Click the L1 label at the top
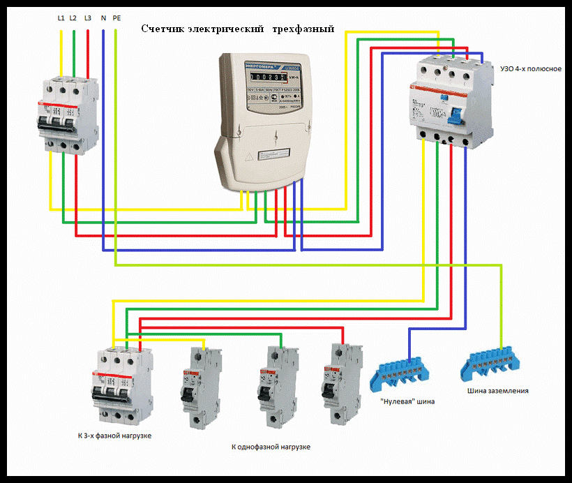[x=61, y=17]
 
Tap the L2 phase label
[x=73, y=17]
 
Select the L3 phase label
[x=87, y=17]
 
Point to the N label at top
[x=103, y=17]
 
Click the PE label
[x=116, y=17]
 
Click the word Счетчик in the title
[x=165, y=29]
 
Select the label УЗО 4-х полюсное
[x=531, y=68]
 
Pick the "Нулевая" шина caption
[x=407, y=401]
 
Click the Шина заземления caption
[x=497, y=391]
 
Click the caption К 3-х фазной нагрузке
[x=114, y=436]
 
